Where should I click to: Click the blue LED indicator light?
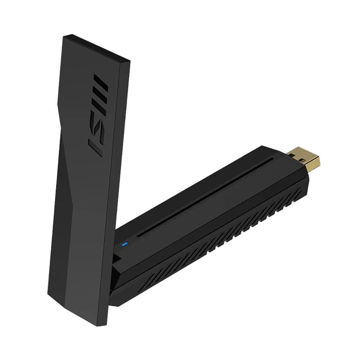[125, 245]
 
